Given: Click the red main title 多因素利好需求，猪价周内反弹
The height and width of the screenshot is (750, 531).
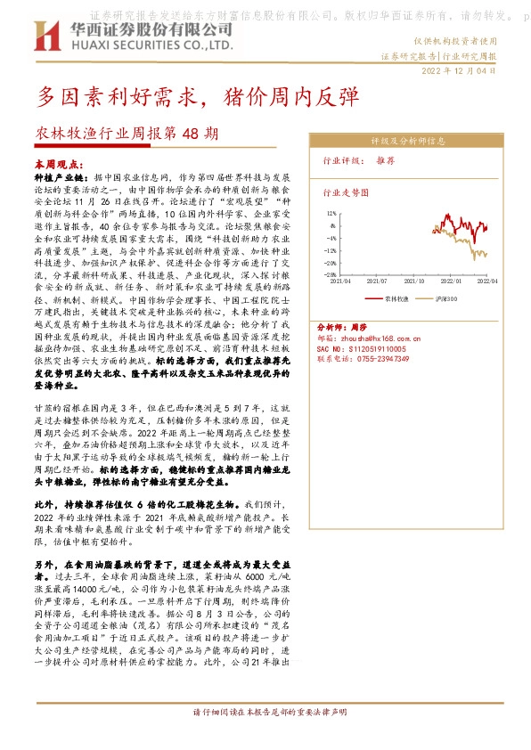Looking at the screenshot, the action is (198, 96).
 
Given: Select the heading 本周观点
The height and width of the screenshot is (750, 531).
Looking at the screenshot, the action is (57, 165).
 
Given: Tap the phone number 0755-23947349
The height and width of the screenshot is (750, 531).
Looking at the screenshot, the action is (376, 358).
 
